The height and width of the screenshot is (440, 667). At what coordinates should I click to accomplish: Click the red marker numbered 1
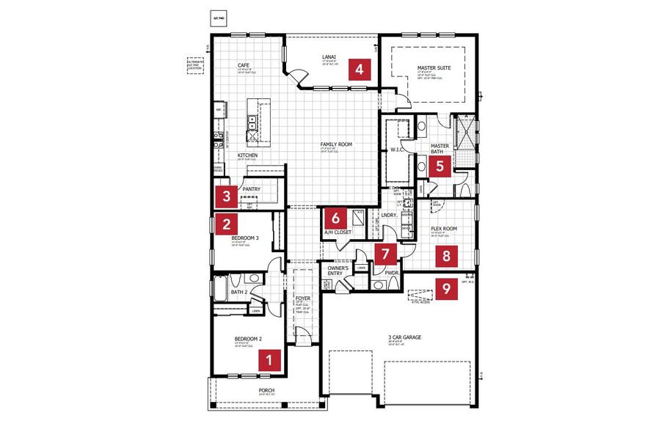270,359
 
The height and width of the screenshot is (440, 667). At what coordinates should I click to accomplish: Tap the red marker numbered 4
359,70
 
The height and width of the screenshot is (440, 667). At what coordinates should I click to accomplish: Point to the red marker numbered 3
227,196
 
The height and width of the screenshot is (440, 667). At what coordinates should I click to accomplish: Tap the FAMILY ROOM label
336,144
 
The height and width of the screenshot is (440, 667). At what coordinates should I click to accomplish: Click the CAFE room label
244,65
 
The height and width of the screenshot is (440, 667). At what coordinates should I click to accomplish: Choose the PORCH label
266,390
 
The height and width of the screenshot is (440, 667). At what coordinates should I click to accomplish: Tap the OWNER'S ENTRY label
338,271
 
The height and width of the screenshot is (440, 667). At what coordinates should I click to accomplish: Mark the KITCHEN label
247,155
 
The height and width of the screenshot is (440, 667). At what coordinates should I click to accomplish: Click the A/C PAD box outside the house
218,20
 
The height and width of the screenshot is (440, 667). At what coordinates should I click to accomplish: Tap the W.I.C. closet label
398,150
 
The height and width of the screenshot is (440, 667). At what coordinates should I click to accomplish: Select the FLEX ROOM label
443,229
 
